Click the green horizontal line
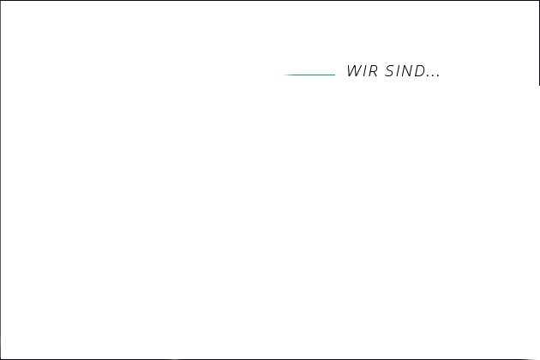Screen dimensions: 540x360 [x=309, y=75]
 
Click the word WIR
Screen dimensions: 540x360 [x=362, y=71]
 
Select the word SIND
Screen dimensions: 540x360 [x=405, y=71]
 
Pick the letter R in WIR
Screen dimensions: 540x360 [x=373, y=71]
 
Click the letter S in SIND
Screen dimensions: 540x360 [x=389, y=71]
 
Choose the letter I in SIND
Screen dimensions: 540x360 [x=399, y=71]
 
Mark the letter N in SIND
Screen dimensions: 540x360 [x=408, y=71]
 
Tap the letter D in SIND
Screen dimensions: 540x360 [x=420, y=71]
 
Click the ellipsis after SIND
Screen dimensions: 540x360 [x=433, y=75]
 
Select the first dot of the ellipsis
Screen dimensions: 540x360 [x=428, y=75]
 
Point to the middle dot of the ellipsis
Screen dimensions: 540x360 [x=433, y=75]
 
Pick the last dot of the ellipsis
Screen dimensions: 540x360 [x=438, y=75]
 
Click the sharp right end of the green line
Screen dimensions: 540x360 [x=335, y=75]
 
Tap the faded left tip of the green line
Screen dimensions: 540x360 [x=283, y=75]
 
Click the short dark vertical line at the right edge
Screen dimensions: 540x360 [x=539, y=43]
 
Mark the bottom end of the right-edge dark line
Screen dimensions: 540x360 [x=539, y=85]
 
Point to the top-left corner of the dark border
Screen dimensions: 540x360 [x=0, y=0]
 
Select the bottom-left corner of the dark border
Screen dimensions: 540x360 [x=0, y=359]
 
